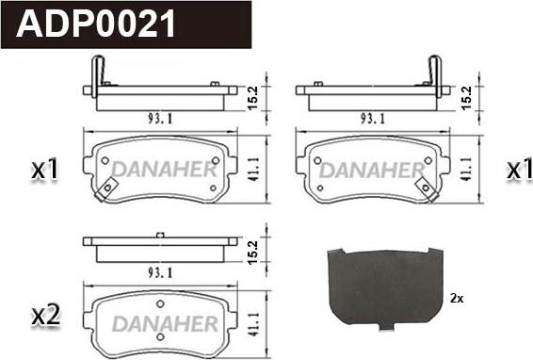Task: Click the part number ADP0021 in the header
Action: pos(95,24)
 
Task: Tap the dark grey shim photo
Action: pos(385,288)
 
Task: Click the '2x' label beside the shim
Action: pos(457,299)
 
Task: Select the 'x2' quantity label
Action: pos(45,316)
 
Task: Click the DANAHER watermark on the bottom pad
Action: pos(165,323)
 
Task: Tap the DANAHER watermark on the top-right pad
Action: pos(372,171)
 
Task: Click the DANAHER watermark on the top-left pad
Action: pos(165,169)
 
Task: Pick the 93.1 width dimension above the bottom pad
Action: pos(160,272)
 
